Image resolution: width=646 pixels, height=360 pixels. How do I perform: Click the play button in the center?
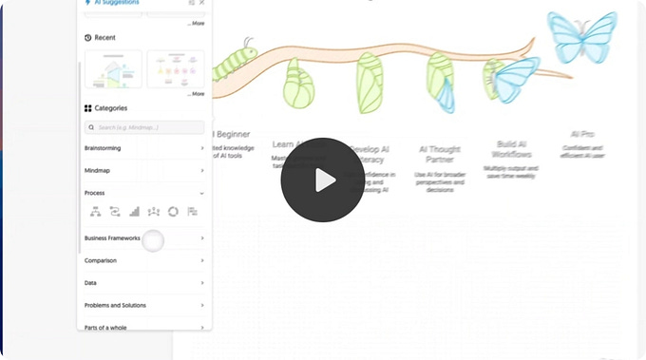click(x=323, y=180)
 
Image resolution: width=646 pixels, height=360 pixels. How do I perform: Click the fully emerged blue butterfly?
click(x=581, y=37)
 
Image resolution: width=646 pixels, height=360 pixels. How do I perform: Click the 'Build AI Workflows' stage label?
click(x=511, y=149)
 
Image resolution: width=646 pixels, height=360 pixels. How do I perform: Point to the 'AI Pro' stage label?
click(x=582, y=135)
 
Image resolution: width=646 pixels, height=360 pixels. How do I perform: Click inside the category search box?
click(x=144, y=127)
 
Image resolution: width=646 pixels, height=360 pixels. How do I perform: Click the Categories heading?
click(x=110, y=108)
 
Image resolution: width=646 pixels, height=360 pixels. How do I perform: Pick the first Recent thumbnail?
click(x=113, y=68)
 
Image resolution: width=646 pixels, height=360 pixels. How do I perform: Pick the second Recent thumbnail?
click(x=176, y=68)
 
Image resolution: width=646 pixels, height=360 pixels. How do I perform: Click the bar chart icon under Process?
click(x=134, y=212)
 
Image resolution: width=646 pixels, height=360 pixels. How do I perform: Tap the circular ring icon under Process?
click(x=173, y=212)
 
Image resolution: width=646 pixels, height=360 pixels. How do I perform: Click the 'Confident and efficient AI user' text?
click(x=582, y=151)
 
